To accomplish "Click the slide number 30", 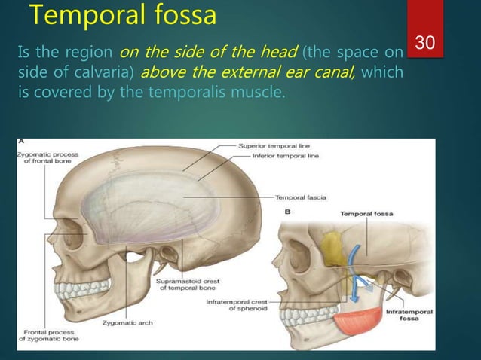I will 426,44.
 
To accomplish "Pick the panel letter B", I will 286,212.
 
